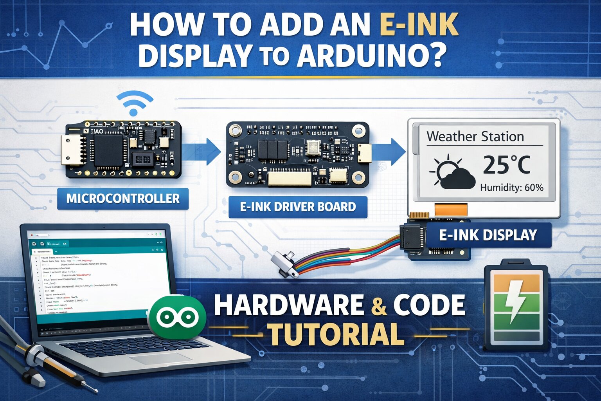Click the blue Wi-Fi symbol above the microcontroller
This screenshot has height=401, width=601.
pos(134,103)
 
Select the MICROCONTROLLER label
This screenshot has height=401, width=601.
pos(123,199)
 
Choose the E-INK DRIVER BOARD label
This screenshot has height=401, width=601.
pos(298,207)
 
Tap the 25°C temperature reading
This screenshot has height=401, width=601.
pos(506,165)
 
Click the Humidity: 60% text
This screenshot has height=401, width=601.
pos(511,188)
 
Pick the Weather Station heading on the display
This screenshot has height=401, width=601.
pos(475,137)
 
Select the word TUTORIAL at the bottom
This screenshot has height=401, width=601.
pos(336,335)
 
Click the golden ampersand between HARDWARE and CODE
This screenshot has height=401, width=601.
pos(378,305)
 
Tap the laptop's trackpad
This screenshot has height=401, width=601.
pos(155,359)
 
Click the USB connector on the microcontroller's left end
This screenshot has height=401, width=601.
pos(71,150)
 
